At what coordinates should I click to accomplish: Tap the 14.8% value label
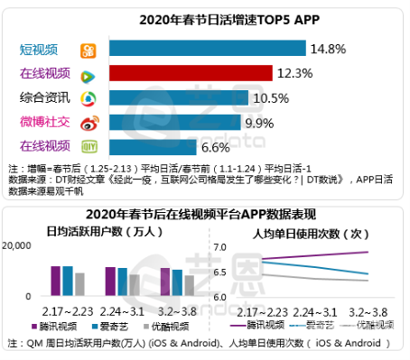click(329, 48)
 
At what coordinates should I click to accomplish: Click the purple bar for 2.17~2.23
click(55, 281)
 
